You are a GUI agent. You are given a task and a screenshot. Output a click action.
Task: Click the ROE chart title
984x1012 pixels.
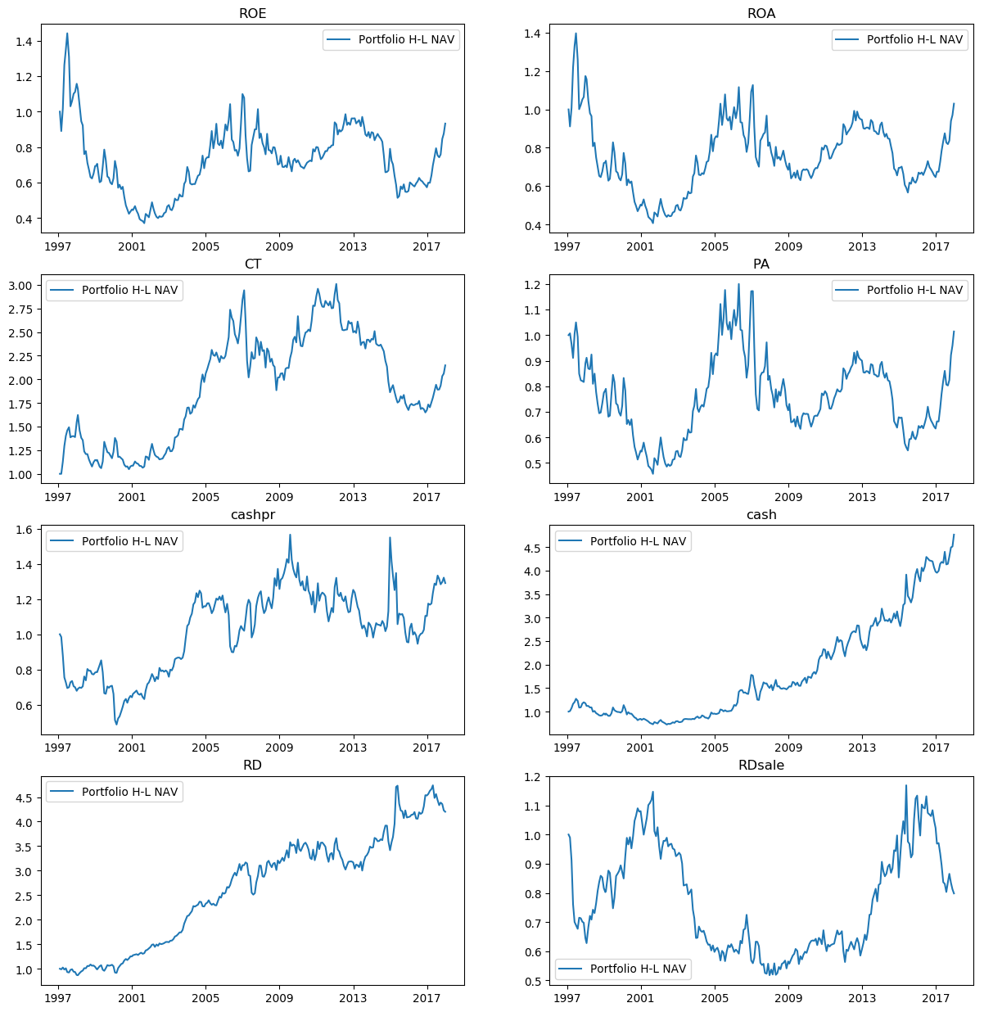coord(252,13)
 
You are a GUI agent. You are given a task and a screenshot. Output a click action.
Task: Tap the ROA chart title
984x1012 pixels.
coord(761,13)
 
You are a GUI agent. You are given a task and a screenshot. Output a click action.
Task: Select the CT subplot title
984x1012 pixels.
coord(252,264)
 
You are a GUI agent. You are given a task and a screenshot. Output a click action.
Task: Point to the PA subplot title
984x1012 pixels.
coord(761,264)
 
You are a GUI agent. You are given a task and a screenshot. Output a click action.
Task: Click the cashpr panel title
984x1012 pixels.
coord(252,514)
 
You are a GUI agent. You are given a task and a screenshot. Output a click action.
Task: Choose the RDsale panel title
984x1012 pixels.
coord(761,765)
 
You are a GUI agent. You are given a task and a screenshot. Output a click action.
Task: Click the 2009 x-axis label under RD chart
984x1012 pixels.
coord(279,998)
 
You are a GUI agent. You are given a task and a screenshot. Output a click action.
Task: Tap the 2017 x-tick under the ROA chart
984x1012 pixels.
coord(936,246)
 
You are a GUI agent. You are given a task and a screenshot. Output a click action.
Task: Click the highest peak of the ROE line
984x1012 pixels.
coord(67,34)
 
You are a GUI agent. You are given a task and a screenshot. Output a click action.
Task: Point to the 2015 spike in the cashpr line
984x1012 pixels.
coord(390,538)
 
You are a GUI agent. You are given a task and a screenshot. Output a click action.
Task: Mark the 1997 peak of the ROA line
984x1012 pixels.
coord(576,34)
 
